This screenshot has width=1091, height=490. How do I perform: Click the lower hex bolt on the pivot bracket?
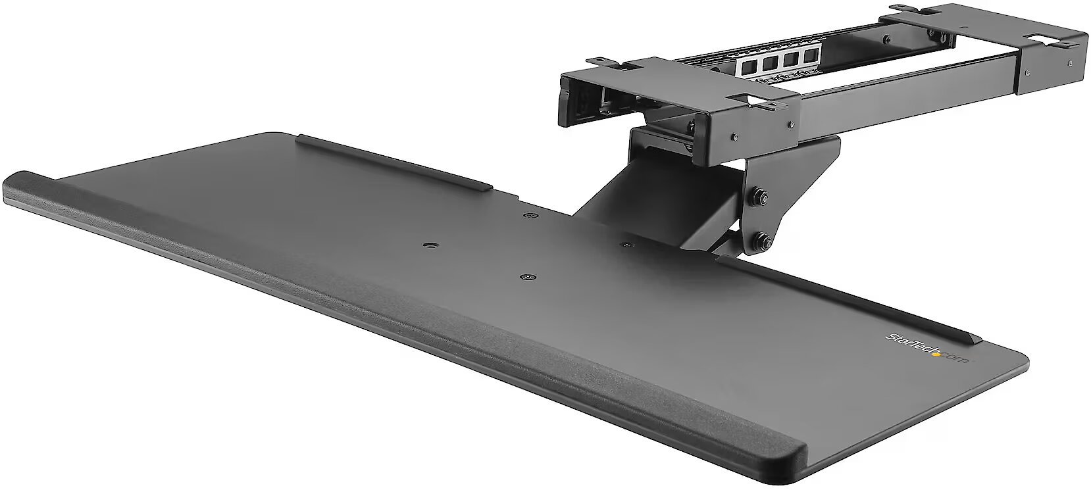click(x=761, y=240)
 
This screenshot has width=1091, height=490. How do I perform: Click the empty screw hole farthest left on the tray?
click(x=429, y=246)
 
